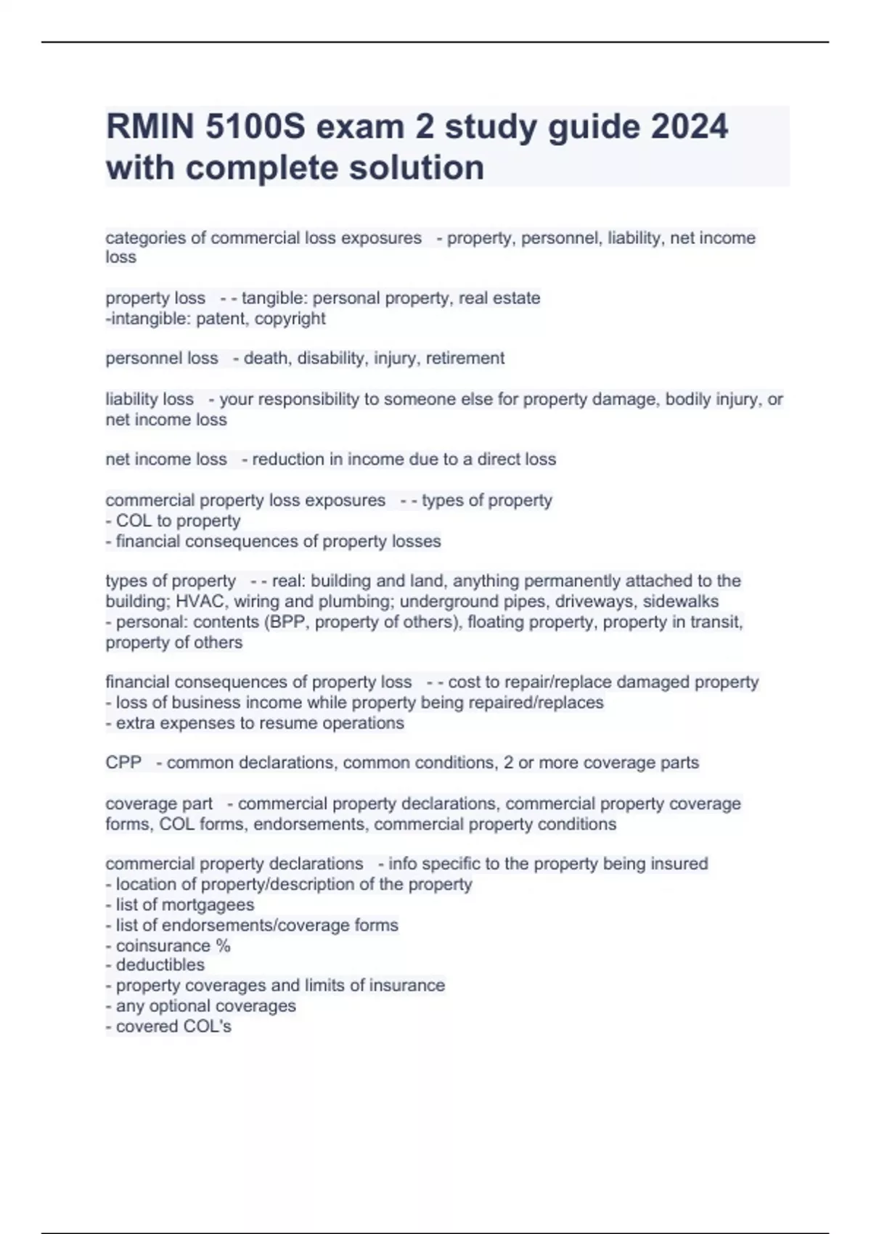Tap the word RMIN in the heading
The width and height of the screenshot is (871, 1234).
click(150, 127)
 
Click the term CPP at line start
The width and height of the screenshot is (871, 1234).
click(123, 763)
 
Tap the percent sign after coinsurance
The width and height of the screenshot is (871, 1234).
click(223, 946)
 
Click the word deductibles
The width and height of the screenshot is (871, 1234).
click(160, 965)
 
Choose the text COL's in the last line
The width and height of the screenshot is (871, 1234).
click(208, 1027)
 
